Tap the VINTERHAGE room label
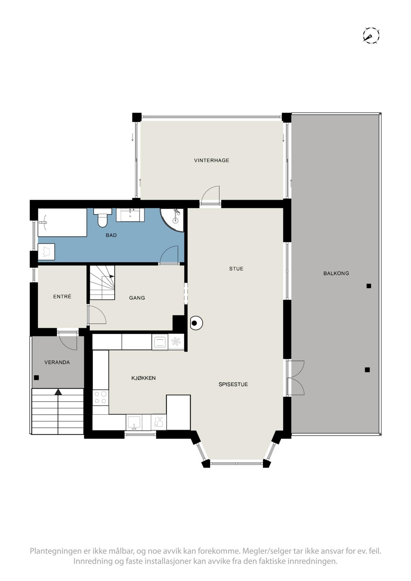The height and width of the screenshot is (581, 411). (x=211, y=160)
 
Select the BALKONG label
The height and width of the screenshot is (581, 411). (x=336, y=273)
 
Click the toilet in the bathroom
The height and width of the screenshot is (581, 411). (x=103, y=218)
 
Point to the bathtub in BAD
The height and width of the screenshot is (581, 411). (x=62, y=222)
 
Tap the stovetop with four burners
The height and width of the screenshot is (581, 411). (x=100, y=397)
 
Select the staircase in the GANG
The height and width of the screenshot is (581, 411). (x=102, y=282)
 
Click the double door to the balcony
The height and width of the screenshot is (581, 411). (x=295, y=378)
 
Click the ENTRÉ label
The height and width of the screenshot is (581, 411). (x=62, y=297)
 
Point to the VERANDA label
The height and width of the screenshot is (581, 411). (x=57, y=362)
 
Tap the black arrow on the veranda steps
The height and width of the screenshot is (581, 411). (x=58, y=392)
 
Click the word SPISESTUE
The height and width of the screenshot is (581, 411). (x=233, y=384)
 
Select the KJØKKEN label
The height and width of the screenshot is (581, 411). (x=143, y=378)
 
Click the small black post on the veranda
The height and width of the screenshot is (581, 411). (x=37, y=378)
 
